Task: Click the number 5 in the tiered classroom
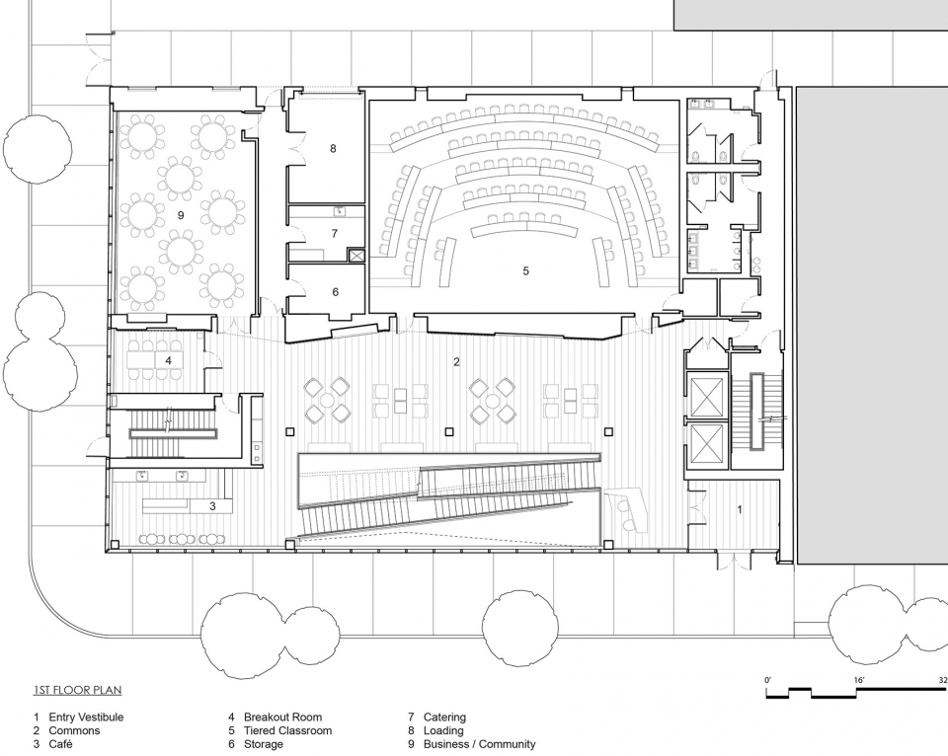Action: click(526, 271)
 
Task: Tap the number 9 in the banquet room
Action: click(181, 214)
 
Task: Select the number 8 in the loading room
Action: click(333, 148)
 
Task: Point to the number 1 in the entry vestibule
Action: click(740, 509)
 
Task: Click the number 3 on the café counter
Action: click(212, 506)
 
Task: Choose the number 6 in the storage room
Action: click(336, 292)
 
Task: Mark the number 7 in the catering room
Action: click(335, 233)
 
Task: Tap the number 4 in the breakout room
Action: click(168, 360)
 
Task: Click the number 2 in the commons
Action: click(456, 362)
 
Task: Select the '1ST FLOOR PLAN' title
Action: click(77, 690)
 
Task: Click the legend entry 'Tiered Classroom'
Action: click(287, 730)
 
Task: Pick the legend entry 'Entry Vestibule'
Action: click(86, 718)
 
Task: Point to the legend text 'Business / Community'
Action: click(480, 744)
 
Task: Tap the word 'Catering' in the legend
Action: click(444, 718)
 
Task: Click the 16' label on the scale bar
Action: click(859, 680)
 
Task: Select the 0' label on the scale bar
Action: click(768, 680)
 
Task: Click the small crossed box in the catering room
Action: click(356, 255)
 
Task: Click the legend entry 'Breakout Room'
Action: click(283, 718)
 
